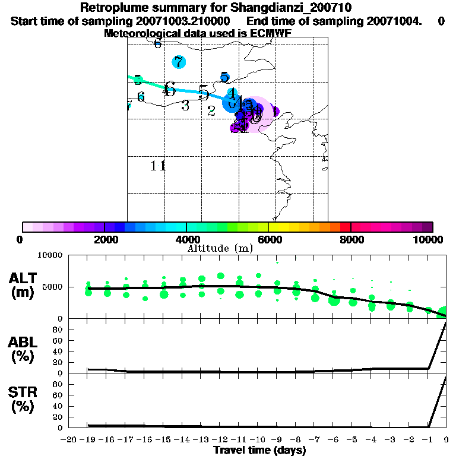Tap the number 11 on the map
point(158,166)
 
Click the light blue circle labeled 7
point(179,62)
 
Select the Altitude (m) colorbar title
point(220,248)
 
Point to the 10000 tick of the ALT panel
point(50,255)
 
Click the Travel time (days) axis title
point(259,450)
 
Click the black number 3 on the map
point(185,106)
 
